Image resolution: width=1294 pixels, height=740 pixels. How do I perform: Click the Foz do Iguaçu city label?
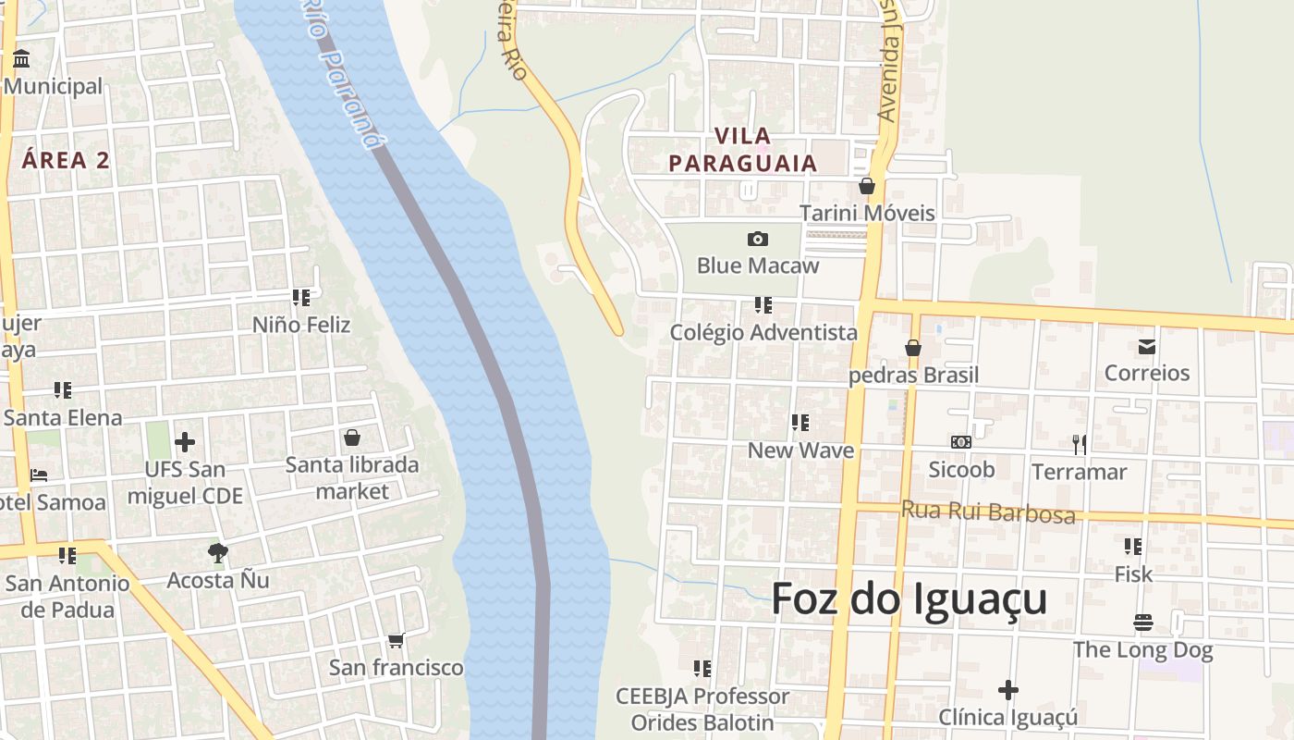[x=909, y=599]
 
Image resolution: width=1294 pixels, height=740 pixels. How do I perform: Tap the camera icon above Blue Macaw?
[x=757, y=240]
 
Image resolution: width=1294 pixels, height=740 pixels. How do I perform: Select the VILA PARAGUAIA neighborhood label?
[x=743, y=150]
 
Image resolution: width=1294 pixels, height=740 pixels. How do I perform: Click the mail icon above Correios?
[x=1147, y=347]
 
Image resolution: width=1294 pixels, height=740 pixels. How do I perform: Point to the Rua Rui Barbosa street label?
[x=988, y=512]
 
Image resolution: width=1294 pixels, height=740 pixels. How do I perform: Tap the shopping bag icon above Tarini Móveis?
[x=867, y=186]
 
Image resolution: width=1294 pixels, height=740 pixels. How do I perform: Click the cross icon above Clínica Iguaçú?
[x=1008, y=690]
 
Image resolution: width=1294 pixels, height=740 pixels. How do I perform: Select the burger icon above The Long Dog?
[x=1143, y=623]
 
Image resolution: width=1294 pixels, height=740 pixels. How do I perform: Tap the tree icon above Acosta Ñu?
[x=218, y=553]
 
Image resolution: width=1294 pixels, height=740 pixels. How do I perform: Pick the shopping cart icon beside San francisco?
[x=397, y=640]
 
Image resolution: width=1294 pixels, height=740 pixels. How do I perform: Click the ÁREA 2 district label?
[x=66, y=160]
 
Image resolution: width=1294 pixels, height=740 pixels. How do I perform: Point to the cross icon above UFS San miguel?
[x=185, y=442]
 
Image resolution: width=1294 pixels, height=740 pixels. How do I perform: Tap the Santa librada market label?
[x=352, y=477]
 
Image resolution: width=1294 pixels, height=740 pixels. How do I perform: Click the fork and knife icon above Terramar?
[x=1079, y=444]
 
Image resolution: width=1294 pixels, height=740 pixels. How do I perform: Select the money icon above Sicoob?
[x=961, y=442]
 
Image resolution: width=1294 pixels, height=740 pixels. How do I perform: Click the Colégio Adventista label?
[x=763, y=332]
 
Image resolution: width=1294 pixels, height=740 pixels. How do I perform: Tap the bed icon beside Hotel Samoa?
[x=39, y=475]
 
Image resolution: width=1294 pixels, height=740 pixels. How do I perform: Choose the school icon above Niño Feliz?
[x=301, y=298]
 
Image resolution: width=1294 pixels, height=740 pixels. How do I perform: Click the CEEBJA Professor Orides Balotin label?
[x=702, y=709]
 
